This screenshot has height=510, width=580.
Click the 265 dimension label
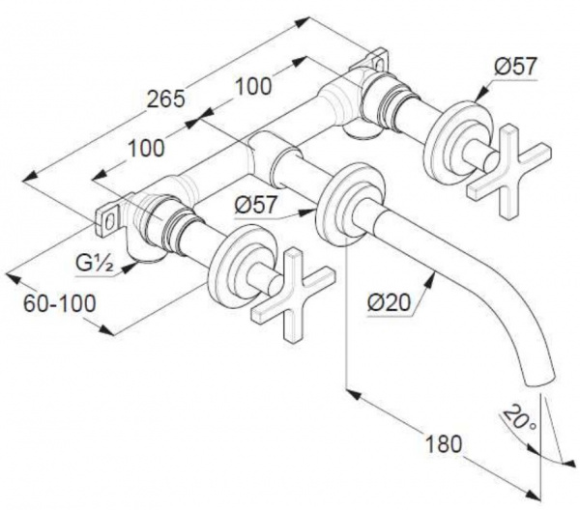[x=165, y=99]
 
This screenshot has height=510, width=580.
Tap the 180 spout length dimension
[x=444, y=444]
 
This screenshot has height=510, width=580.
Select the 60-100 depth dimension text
[x=60, y=304]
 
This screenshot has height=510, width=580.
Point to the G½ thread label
[x=95, y=264]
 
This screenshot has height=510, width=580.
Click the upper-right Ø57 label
[x=514, y=67]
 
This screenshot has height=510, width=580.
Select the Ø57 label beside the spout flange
[x=255, y=205]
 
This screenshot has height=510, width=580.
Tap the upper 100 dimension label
[x=253, y=86]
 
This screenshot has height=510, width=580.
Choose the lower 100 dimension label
[x=145, y=148]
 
